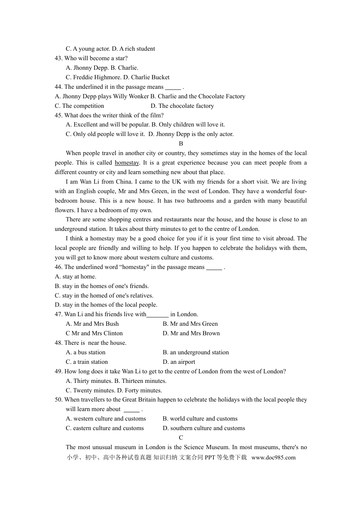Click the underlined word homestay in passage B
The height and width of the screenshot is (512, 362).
127,163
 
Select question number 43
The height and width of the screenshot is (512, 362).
59,58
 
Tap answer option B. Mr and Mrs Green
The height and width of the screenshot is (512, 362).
190,324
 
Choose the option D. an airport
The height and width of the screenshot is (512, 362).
179,362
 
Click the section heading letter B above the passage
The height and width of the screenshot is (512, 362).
181,144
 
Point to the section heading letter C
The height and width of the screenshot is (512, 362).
181,438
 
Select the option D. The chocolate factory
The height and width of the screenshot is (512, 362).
182,106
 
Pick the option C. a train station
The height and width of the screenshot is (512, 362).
87,362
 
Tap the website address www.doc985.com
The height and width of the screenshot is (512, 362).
273,458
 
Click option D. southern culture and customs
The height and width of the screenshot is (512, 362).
204,428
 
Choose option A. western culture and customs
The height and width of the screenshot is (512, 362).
106,419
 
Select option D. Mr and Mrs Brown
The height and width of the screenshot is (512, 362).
191,333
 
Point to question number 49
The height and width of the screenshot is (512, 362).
59,371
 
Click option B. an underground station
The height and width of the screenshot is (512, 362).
196,352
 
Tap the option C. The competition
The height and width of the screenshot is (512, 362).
79,106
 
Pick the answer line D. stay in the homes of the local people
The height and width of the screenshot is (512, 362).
106,305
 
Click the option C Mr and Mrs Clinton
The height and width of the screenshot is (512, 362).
94,333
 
